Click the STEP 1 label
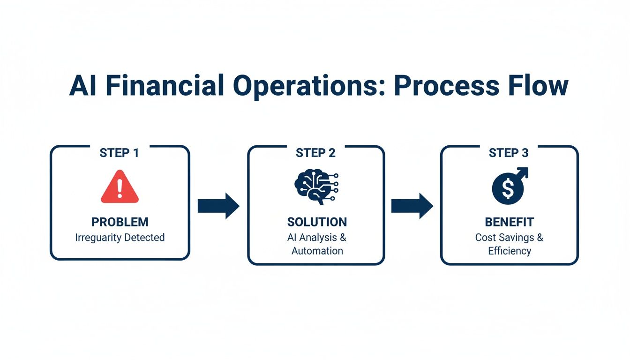(x=119, y=153)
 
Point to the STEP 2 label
(x=315, y=153)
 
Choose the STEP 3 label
(x=509, y=153)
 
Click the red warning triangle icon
(x=120, y=187)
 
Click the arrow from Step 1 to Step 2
(x=218, y=206)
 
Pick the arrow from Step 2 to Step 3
(x=412, y=206)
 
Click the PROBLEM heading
(x=120, y=222)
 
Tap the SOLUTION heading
(x=317, y=222)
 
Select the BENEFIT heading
(x=509, y=222)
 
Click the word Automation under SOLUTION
(x=317, y=251)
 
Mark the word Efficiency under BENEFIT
(x=509, y=251)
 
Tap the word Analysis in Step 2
(x=319, y=237)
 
